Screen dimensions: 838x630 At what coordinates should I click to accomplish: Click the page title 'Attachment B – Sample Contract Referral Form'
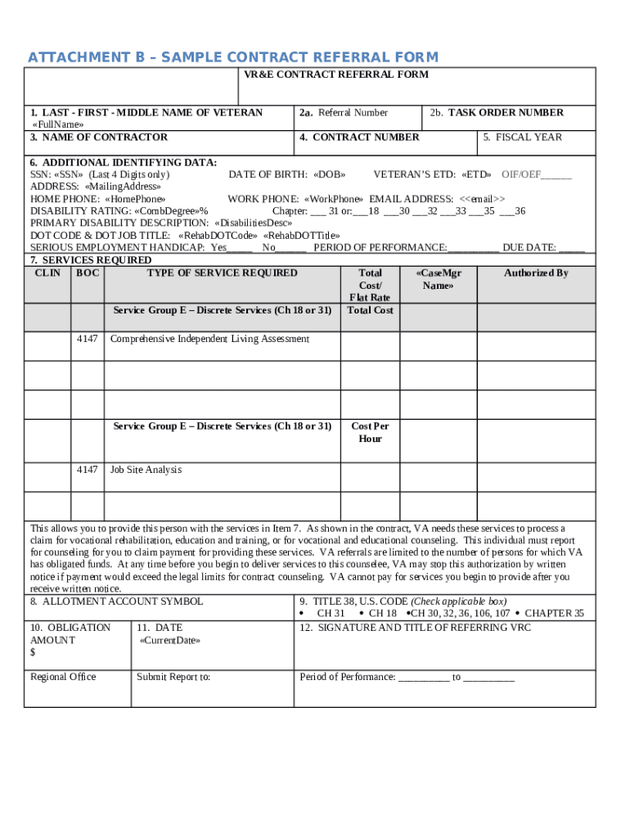(x=233, y=57)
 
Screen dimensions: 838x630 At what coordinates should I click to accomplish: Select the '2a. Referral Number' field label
(x=344, y=113)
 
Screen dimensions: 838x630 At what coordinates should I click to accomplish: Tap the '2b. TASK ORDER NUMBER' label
(x=496, y=113)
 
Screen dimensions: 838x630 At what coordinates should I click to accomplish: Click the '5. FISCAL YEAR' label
(x=522, y=137)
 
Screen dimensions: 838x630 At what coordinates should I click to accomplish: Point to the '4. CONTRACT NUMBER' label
(x=359, y=137)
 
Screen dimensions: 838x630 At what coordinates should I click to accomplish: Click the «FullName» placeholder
(x=57, y=124)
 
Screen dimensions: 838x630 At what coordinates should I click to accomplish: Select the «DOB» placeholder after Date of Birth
(x=330, y=174)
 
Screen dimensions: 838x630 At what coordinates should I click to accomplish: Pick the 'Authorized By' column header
(x=536, y=273)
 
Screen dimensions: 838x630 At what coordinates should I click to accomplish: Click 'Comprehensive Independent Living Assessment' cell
(x=209, y=339)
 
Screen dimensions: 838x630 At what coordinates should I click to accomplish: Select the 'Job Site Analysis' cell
(x=146, y=470)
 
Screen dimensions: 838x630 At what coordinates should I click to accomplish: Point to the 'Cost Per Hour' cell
(x=370, y=432)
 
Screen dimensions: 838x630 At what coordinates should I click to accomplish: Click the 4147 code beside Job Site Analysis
(x=88, y=470)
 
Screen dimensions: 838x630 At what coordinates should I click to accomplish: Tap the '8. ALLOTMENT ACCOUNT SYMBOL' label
(x=116, y=601)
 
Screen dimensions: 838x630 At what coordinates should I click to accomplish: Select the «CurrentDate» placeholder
(x=169, y=640)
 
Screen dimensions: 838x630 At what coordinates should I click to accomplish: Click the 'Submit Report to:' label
(x=173, y=677)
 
